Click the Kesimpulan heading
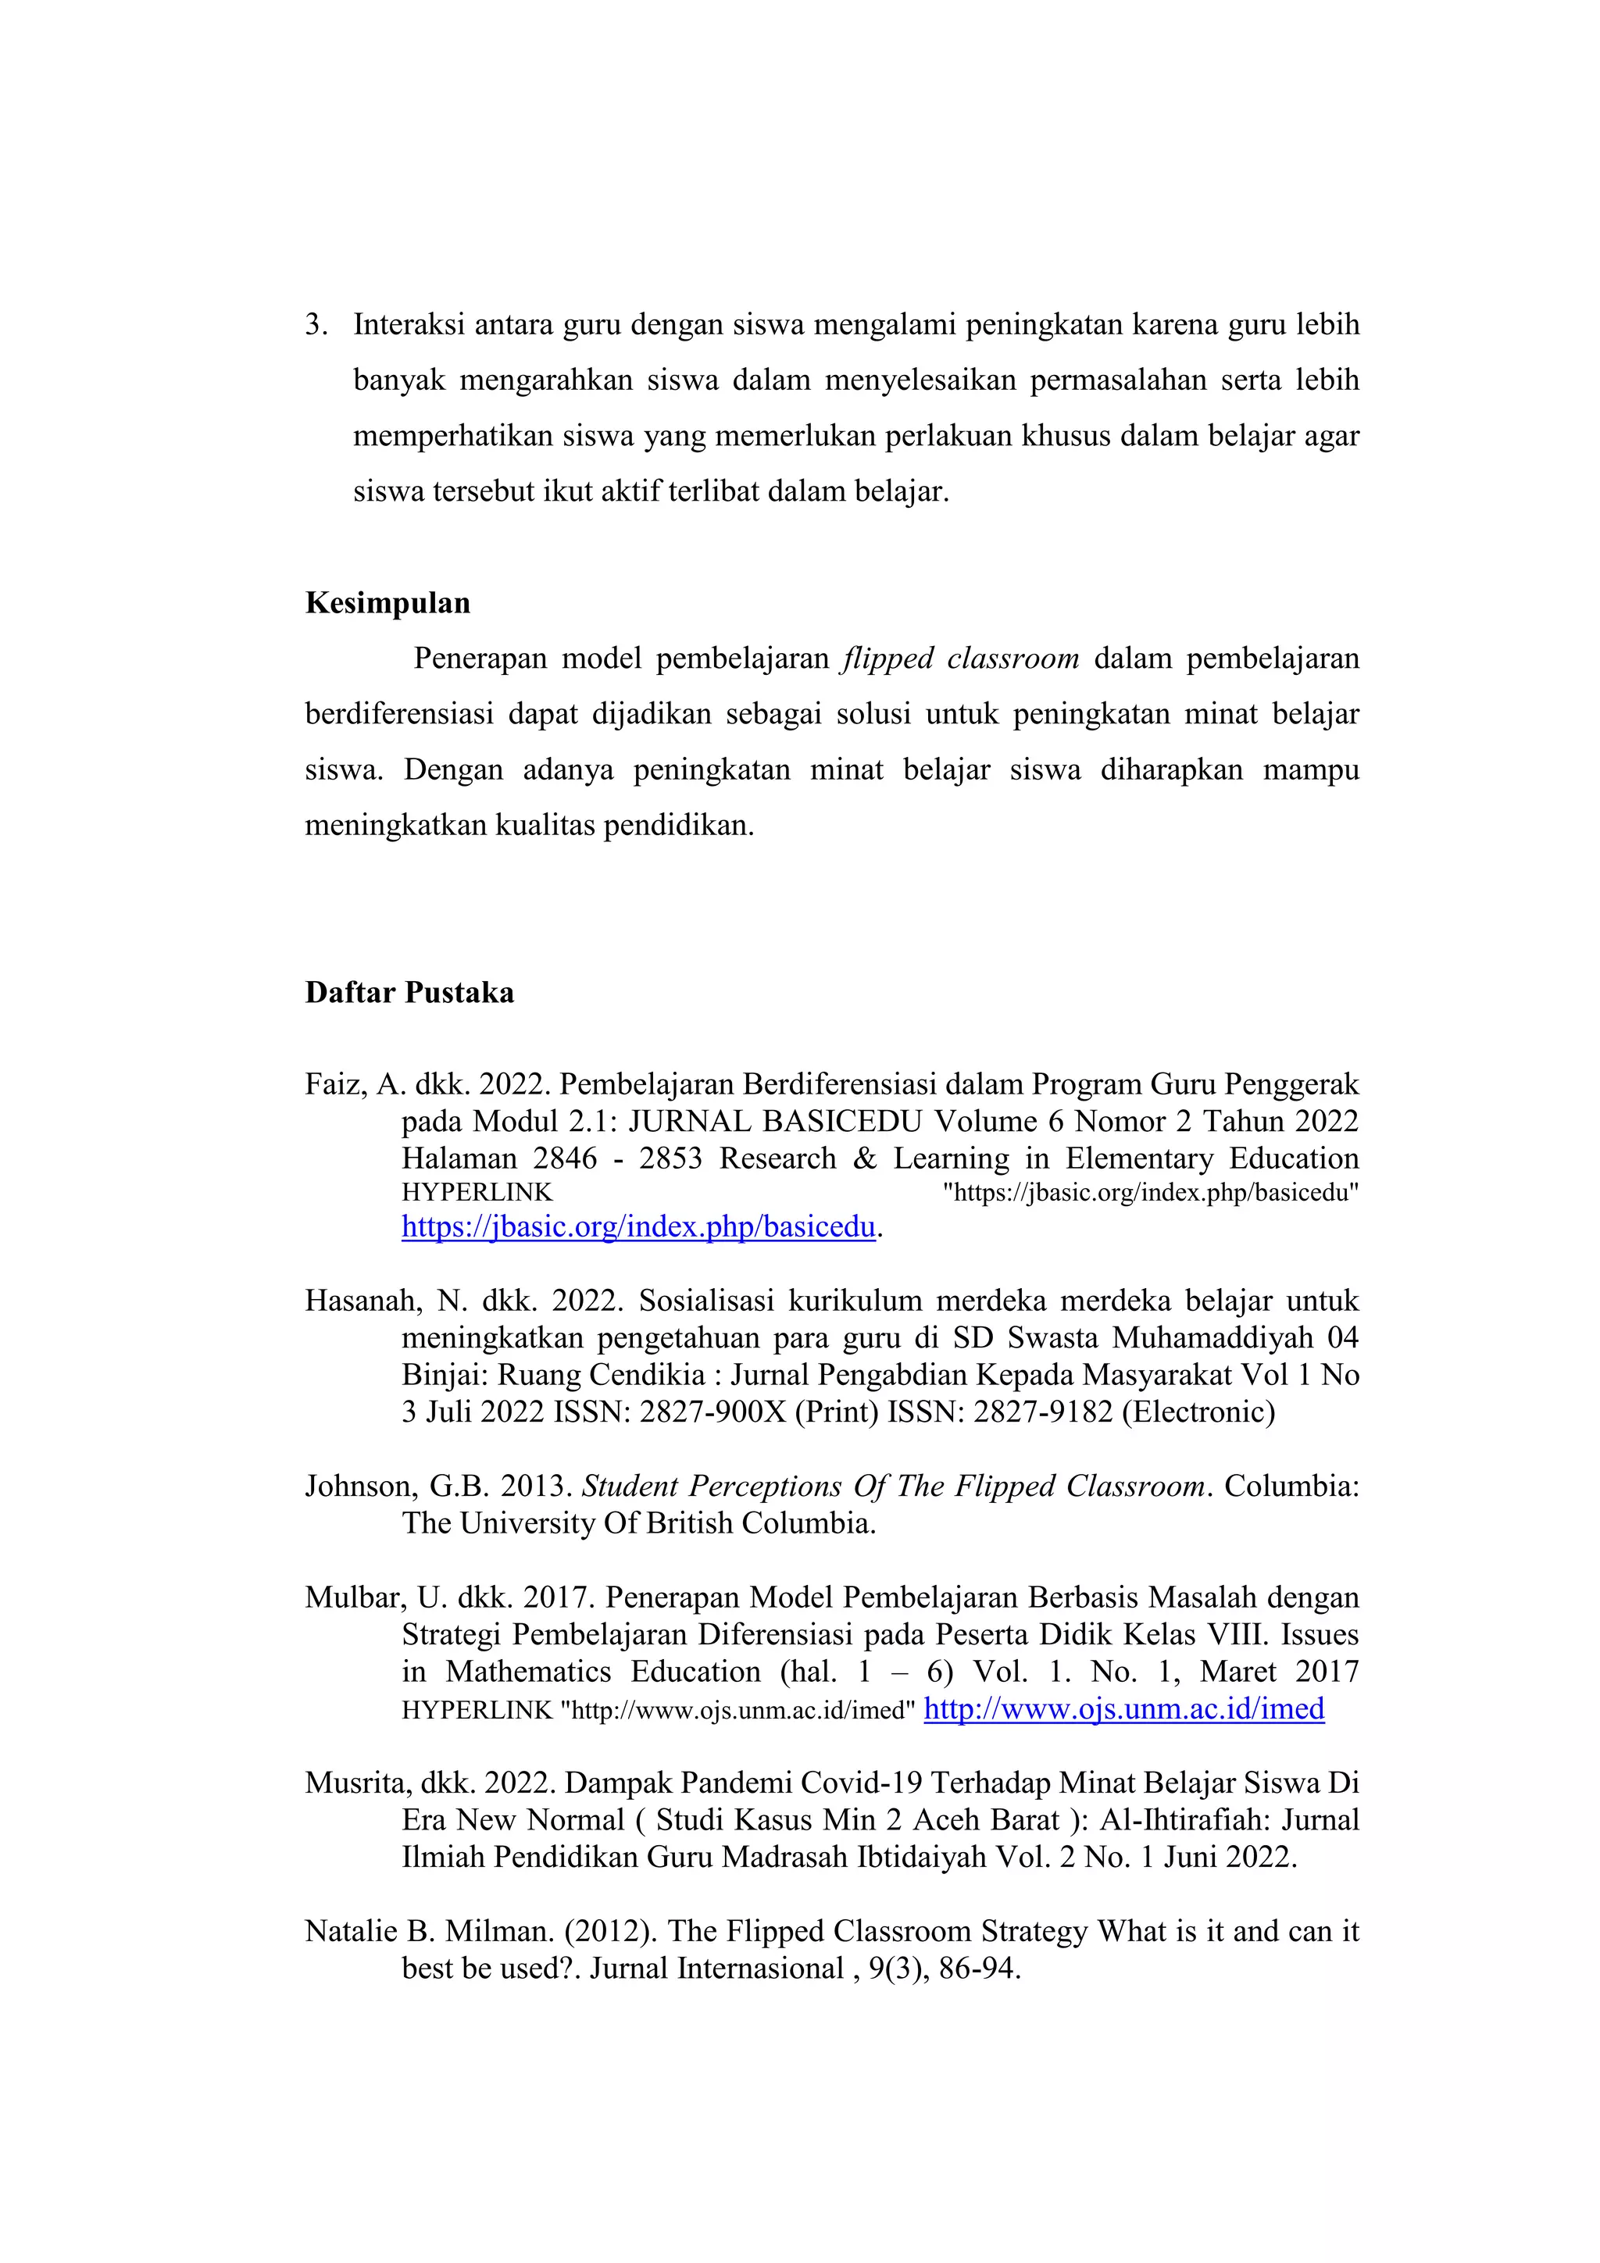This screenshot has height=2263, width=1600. point(387,603)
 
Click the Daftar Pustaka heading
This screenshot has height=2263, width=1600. point(409,993)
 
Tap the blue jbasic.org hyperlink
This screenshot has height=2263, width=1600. point(637,1227)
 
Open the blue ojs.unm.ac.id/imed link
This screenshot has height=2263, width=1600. point(1124,1708)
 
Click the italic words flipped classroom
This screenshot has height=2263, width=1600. point(960,659)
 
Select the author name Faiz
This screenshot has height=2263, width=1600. point(335,1085)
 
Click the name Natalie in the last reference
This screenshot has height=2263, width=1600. point(351,1931)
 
